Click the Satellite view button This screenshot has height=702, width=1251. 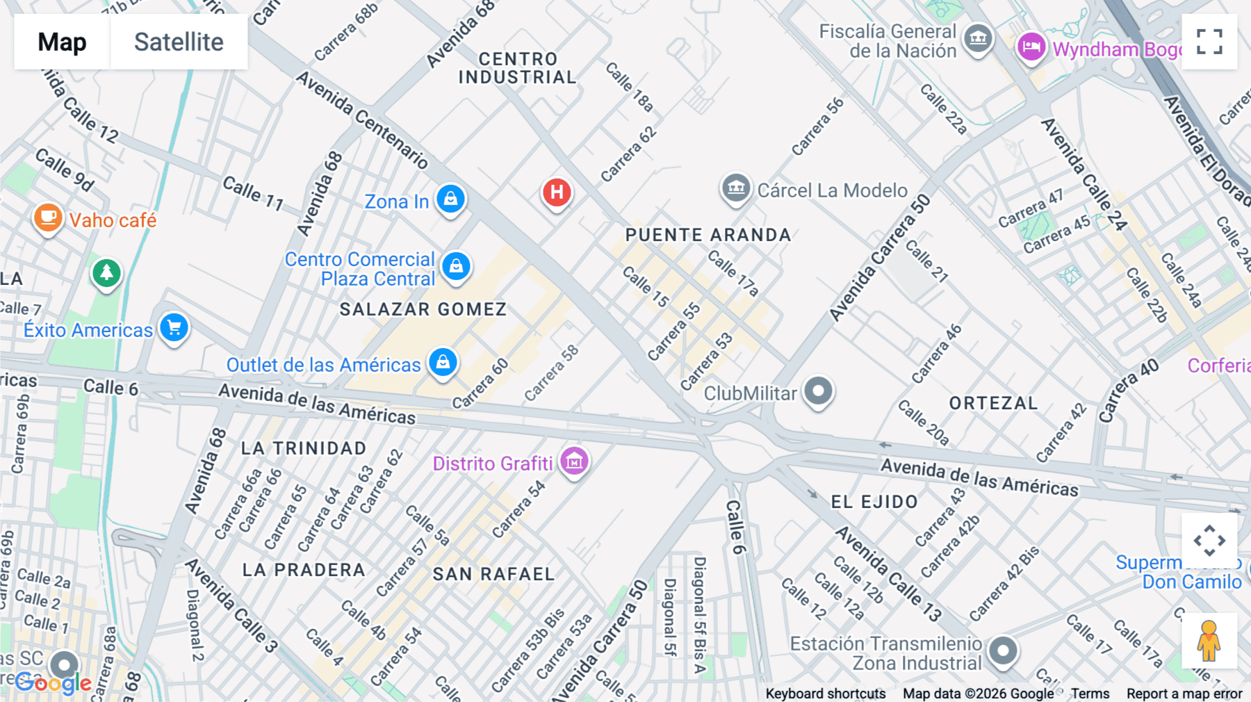(179, 42)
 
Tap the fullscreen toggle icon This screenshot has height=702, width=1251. (1209, 42)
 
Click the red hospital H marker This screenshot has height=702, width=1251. (557, 192)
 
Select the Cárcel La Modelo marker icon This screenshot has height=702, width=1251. (736, 188)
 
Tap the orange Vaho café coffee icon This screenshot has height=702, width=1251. (48, 218)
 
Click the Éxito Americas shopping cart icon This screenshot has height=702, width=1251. (174, 327)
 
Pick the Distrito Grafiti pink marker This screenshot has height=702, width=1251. (574, 461)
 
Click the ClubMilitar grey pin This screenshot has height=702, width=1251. (818, 391)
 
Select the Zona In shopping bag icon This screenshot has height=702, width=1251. (450, 199)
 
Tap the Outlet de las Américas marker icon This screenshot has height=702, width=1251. (443, 361)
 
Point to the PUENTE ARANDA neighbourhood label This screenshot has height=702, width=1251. (708, 235)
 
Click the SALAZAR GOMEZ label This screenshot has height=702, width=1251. (423, 309)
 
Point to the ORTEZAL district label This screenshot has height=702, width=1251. (993, 403)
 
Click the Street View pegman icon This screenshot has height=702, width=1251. (1209, 640)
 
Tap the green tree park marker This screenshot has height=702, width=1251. (106, 272)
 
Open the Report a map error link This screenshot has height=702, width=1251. (1184, 694)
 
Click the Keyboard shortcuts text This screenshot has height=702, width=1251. (825, 694)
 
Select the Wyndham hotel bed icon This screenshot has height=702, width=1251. (1031, 47)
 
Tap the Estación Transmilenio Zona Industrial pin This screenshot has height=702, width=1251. (1003, 651)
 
